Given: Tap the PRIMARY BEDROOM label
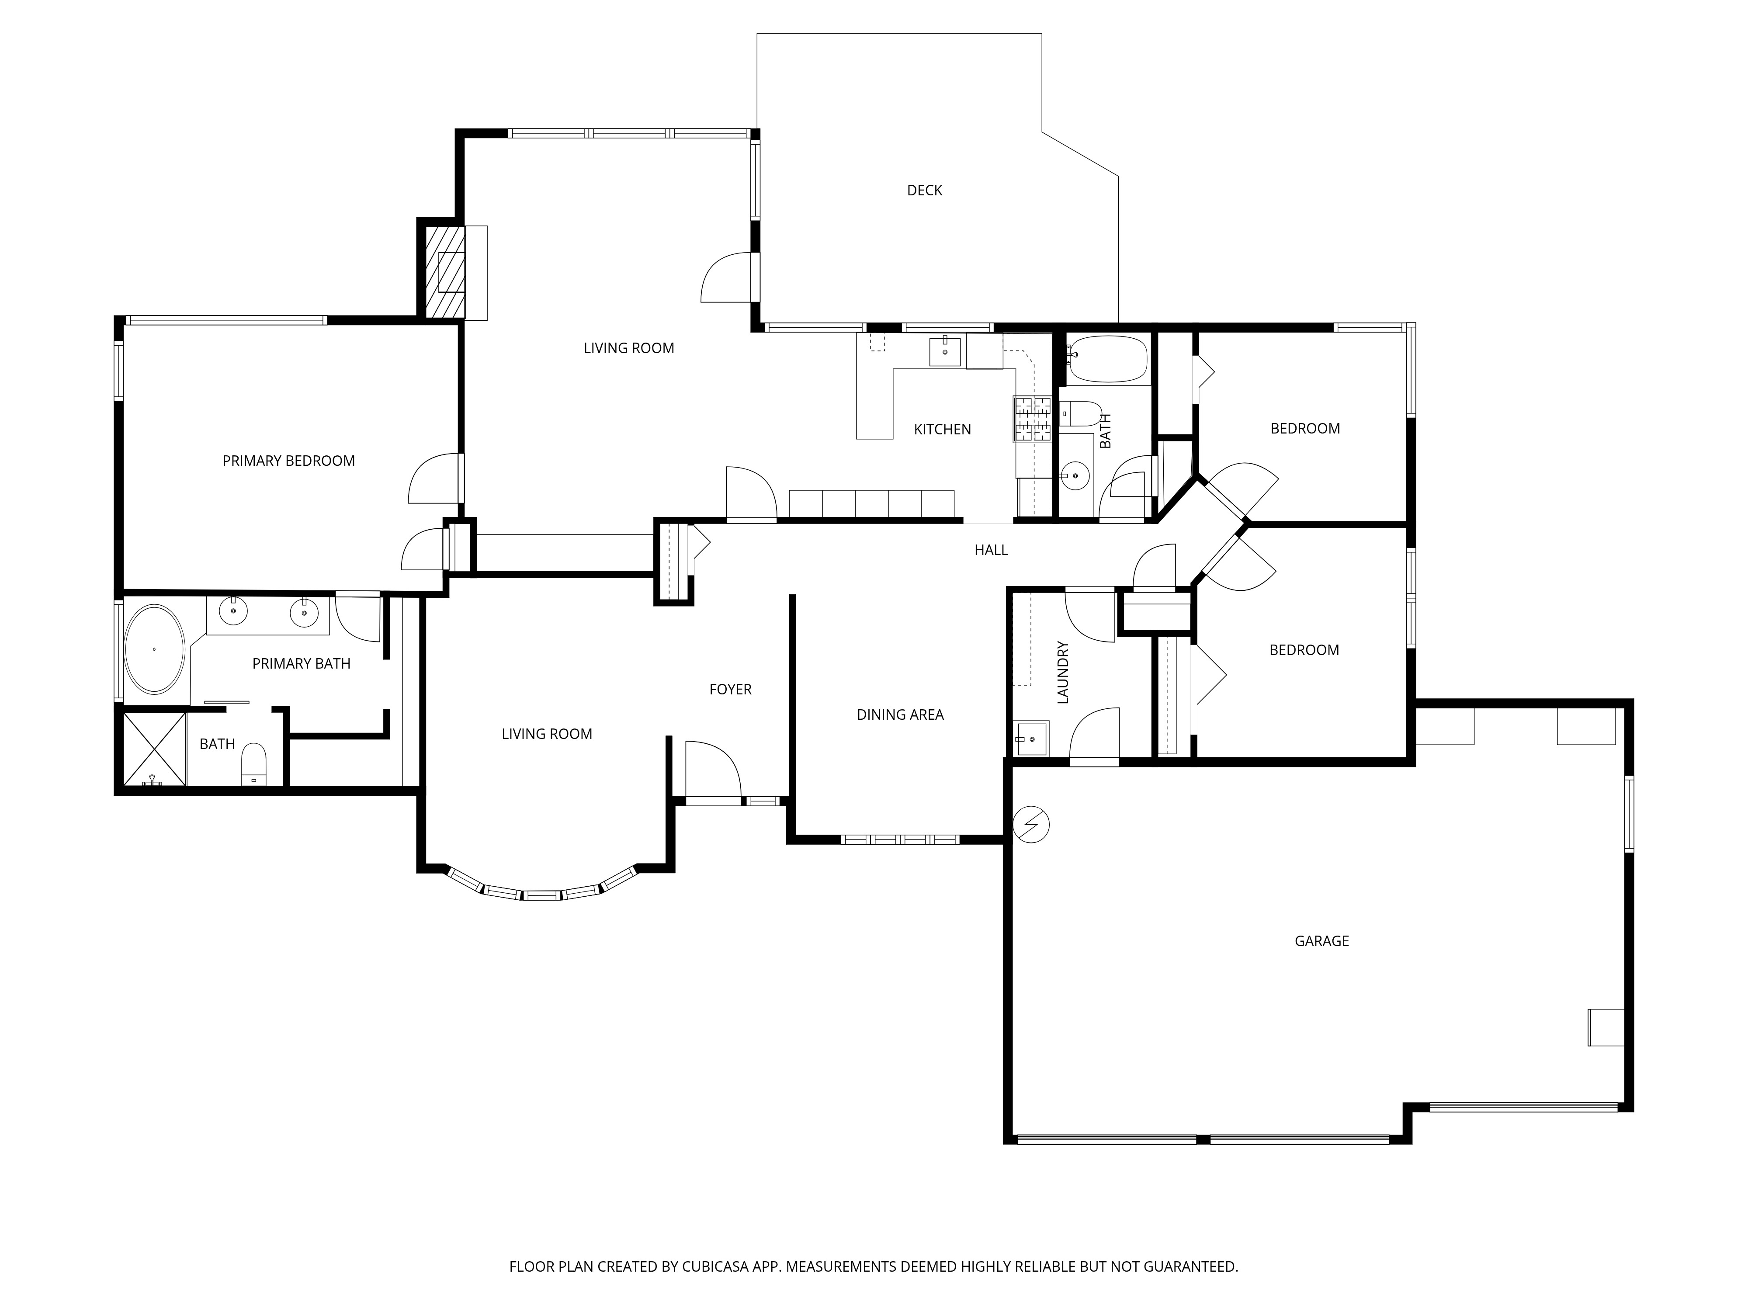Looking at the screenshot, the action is (288, 461).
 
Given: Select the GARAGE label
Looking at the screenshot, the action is (1321, 941).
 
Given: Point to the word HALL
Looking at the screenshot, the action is (991, 550).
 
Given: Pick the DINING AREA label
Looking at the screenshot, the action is (900, 715).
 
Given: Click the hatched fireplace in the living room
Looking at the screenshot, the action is (444, 273).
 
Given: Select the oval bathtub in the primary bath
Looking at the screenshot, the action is (155, 649).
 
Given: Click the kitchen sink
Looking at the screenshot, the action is (945, 351).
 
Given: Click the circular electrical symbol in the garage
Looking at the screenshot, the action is (1031, 825).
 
